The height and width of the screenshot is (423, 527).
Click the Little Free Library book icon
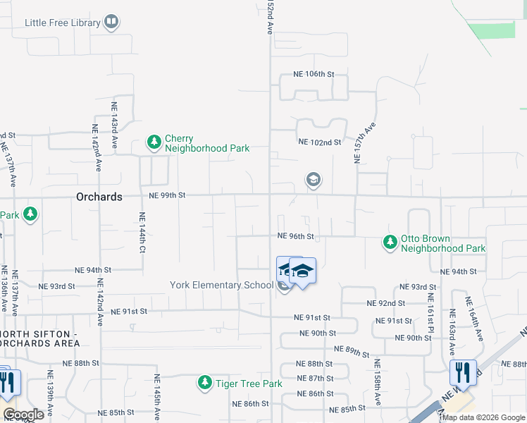pyautogui.click(x=111, y=23)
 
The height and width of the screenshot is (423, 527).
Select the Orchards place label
pyautogui.click(x=99, y=197)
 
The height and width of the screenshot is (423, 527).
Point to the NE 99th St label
pyautogui.click(x=166, y=195)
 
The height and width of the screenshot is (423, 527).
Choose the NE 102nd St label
pyautogui.click(x=320, y=142)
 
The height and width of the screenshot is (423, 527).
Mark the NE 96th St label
pyautogui.click(x=295, y=237)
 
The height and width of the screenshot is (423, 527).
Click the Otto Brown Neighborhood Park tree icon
pyautogui.click(x=390, y=243)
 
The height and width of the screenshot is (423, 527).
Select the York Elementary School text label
pyautogui.click(x=221, y=286)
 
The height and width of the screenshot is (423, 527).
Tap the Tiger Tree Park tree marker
pyautogui.click(x=205, y=383)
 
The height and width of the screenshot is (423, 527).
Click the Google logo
pyautogui.click(x=23, y=414)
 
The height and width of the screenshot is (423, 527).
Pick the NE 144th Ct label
pyautogui.click(x=142, y=233)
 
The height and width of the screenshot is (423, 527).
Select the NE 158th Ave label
pyautogui.click(x=378, y=383)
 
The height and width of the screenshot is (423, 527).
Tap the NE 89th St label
pyautogui.click(x=352, y=350)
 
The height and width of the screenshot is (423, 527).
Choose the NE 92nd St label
pyautogui.click(x=385, y=303)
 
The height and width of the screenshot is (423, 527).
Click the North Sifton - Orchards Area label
pyautogui.click(x=39, y=338)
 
